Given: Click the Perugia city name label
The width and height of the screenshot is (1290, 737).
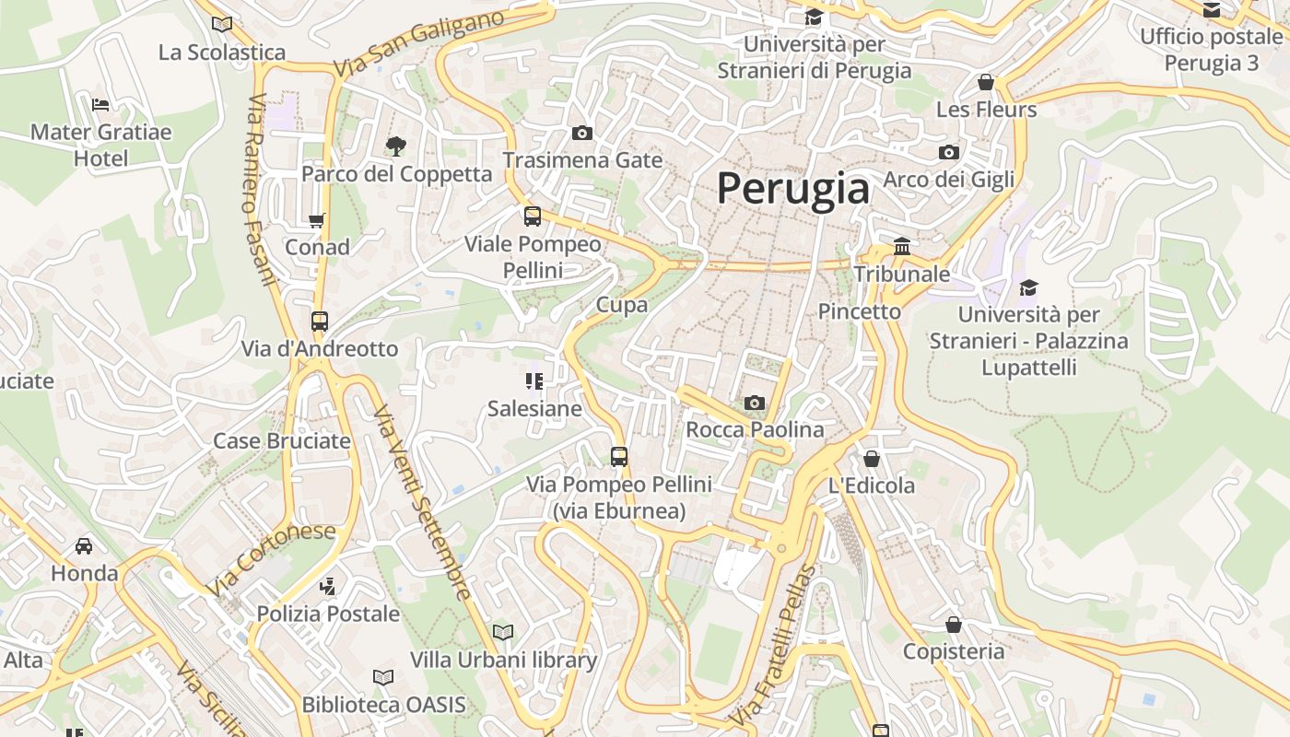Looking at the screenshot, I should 792,188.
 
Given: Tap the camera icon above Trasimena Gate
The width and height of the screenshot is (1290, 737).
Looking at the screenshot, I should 581,134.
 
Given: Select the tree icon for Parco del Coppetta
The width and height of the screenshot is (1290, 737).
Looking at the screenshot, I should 396,146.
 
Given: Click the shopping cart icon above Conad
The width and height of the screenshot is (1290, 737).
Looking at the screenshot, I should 317,220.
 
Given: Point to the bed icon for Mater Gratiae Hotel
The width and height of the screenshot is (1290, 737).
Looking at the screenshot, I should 100,105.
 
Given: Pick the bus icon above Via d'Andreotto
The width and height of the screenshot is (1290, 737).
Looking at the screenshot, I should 320,322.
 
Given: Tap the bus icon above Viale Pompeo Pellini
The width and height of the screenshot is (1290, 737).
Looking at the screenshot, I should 533,216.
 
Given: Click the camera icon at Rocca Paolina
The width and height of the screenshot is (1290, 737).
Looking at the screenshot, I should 755,403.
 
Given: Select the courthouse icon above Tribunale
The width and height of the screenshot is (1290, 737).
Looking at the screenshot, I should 902,247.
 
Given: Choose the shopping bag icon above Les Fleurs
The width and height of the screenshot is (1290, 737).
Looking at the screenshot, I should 986,83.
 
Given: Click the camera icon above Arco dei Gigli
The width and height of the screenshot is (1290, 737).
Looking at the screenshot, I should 949,152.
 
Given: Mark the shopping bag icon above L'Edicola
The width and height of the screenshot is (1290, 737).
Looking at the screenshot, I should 872,459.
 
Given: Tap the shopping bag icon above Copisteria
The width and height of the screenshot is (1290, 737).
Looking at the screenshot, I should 954,625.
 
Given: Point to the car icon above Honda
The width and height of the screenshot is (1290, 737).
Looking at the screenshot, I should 84,546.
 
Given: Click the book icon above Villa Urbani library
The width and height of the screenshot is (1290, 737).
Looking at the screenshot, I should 503,632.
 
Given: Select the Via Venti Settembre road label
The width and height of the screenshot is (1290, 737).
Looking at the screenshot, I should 424,502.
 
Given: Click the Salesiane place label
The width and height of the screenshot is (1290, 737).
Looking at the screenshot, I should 534,408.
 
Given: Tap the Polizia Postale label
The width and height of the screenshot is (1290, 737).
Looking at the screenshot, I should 328,614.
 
